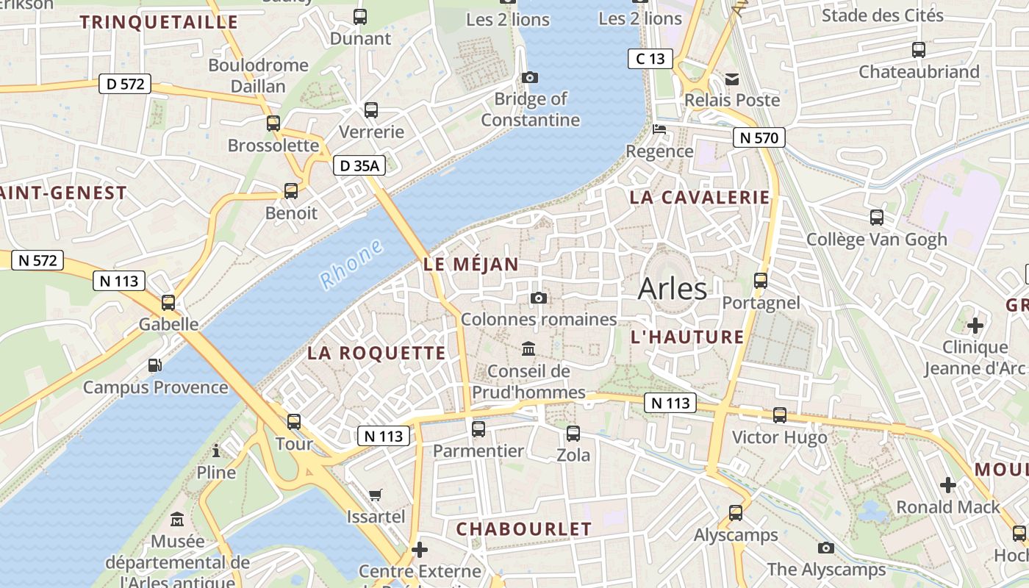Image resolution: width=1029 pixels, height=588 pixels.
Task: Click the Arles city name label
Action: tap(672, 289)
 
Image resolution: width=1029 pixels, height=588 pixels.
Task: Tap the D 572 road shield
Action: tap(125, 84)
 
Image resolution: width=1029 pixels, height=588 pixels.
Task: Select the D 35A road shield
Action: tap(359, 166)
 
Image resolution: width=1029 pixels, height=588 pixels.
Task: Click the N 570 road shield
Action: tap(759, 137)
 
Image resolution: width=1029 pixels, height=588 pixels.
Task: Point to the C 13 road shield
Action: tap(650, 59)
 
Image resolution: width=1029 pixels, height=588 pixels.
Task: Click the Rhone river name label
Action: tap(351, 264)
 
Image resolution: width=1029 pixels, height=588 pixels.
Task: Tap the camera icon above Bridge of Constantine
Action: tap(529, 77)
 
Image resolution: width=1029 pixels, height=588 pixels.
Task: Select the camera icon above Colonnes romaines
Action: tap(539, 298)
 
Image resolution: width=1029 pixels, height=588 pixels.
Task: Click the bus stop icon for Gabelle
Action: tap(168, 302)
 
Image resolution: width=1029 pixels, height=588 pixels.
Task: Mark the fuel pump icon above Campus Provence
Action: tap(155, 365)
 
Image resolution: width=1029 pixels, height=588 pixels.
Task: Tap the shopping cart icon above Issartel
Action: tap(376, 495)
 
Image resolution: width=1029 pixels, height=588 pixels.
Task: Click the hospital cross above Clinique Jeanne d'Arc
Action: tap(975, 325)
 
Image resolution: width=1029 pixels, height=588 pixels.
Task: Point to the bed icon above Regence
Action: tap(659, 129)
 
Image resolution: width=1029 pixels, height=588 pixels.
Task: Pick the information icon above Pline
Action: tap(216, 451)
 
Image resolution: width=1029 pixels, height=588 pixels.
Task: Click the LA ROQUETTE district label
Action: tap(376, 353)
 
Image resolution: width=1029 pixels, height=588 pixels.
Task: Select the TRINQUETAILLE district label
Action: tap(159, 22)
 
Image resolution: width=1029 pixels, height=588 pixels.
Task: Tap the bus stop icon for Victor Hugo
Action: tap(780, 415)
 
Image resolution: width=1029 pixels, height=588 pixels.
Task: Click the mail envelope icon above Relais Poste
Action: tap(732, 79)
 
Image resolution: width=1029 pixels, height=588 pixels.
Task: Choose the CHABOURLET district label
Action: tap(523, 529)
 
